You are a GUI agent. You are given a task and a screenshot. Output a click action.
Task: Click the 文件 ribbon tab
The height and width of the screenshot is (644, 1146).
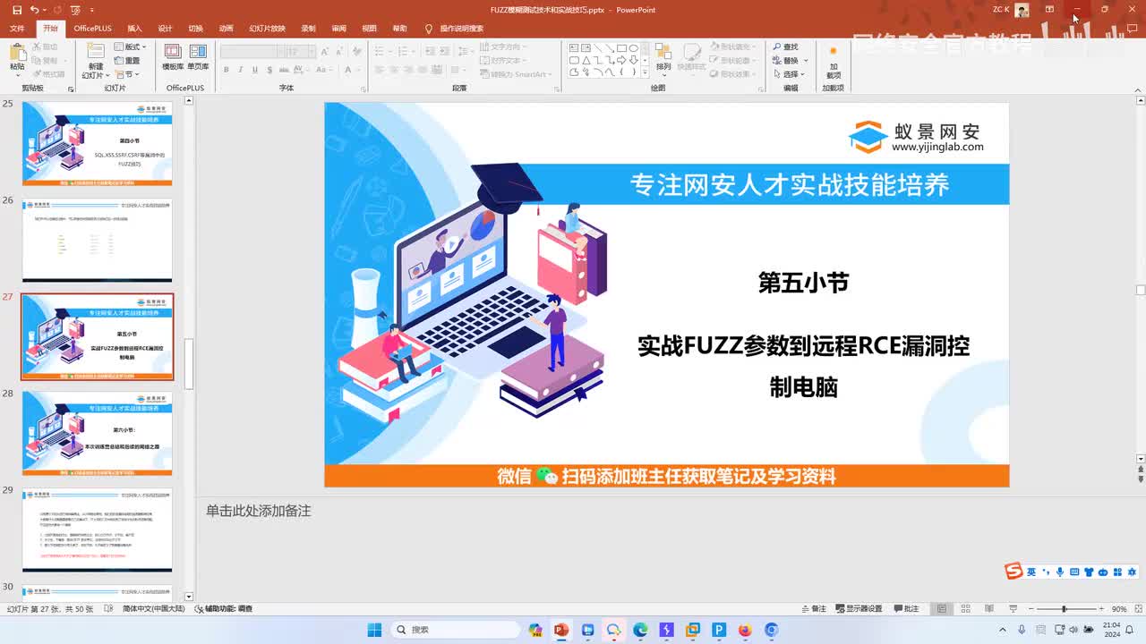[17, 29]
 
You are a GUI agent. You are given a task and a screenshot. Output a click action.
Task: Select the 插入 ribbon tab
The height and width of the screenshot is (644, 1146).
[134, 29]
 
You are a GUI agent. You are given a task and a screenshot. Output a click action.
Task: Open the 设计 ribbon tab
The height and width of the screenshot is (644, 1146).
[165, 29]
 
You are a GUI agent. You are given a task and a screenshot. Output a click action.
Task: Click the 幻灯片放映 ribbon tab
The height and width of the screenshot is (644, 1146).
[267, 29]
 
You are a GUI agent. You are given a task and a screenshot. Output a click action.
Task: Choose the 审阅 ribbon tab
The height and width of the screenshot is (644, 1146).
[338, 29]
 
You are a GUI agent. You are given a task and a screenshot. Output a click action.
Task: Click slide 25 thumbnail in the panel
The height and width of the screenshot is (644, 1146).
[97, 143]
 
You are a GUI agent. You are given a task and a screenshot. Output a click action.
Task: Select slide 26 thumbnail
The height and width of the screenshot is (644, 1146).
[97, 240]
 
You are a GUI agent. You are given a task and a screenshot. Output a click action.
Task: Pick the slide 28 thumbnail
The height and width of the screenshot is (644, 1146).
[97, 433]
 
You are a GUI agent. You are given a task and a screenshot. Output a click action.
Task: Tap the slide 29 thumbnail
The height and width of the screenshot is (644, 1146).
[97, 530]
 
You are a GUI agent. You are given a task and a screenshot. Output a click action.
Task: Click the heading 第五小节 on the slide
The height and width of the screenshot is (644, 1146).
[803, 283]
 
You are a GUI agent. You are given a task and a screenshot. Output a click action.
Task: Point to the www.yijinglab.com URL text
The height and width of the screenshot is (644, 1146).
[937, 148]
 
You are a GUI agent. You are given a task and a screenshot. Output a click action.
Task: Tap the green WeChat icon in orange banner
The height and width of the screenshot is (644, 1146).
[547, 477]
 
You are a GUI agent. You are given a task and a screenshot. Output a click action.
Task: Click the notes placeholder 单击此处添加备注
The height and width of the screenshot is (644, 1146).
[259, 511]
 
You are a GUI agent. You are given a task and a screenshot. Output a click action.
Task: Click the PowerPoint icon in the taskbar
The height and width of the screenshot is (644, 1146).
[561, 631]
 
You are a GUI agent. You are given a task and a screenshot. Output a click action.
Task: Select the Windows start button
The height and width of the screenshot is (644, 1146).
[374, 631]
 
